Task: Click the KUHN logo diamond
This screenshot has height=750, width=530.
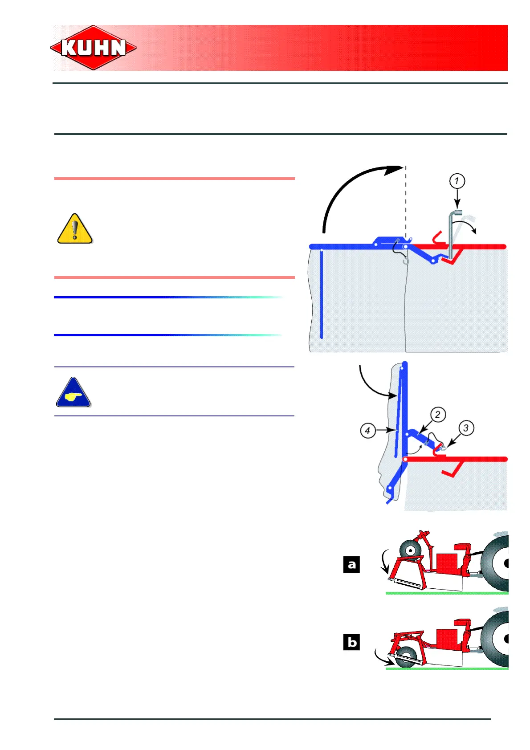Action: (93, 48)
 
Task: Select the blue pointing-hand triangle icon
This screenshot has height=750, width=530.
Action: (73, 393)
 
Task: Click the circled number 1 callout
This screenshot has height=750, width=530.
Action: (457, 181)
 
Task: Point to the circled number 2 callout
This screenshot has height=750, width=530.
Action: (437, 415)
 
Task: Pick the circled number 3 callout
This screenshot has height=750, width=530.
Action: (466, 428)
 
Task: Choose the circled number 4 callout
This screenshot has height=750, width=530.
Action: (367, 431)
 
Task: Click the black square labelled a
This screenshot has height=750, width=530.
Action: (351, 565)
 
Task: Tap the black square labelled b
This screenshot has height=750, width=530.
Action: (351, 642)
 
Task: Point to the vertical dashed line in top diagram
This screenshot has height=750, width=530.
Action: (405, 205)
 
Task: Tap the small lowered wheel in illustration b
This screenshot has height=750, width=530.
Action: (406, 656)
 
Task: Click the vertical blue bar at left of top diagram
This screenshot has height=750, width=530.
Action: (321, 294)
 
